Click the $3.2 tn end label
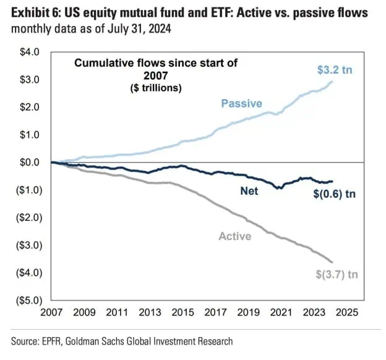click(x=335, y=70)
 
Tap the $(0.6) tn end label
click(x=335, y=194)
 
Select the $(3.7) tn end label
click(x=337, y=274)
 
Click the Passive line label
click(x=241, y=103)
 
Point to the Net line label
click(x=249, y=191)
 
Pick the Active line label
click(x=235, y=236)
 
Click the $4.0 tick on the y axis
click(x=30, y=52)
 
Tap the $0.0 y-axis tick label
click(x=30, y=162)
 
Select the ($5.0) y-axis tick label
click(x=29, y=300)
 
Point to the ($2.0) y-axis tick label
click(x=29, y=218)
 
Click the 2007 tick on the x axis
click(x=51, y=312)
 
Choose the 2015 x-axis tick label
click(x=182, y=312)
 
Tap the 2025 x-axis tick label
click(x=347, y=312)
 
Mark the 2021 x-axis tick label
click(x=281, y=312)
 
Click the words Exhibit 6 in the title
click(x=36, y=13)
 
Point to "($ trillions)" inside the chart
click(x=156, y=88)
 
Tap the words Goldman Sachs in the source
click(x=95, y=341)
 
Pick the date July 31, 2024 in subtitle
click(x=139, y=29)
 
